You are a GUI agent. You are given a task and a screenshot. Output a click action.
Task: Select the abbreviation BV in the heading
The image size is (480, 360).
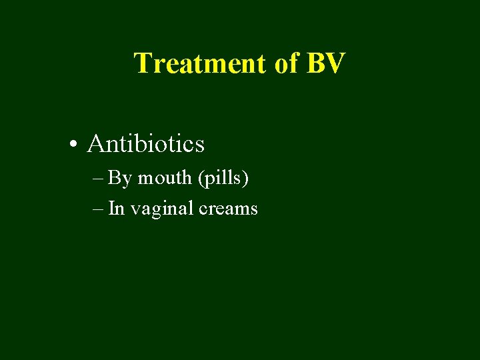(325, 63)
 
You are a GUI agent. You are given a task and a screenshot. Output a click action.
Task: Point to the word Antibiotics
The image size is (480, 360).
(145, 143)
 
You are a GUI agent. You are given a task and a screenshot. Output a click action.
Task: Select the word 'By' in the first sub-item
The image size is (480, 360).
(120, 179)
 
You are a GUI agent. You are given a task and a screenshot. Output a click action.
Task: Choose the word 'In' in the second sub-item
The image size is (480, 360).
(116, 209)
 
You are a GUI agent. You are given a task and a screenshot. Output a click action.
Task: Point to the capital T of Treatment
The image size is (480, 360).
(142, 63)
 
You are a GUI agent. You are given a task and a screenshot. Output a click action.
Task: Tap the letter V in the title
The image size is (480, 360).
(336, 63)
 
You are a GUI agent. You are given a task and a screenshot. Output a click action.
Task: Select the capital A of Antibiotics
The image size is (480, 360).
(95, 143)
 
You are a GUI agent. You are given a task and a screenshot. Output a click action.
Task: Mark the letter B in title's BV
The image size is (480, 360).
(315, 63)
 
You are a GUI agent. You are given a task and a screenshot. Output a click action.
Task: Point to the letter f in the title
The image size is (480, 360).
(293, 63)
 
